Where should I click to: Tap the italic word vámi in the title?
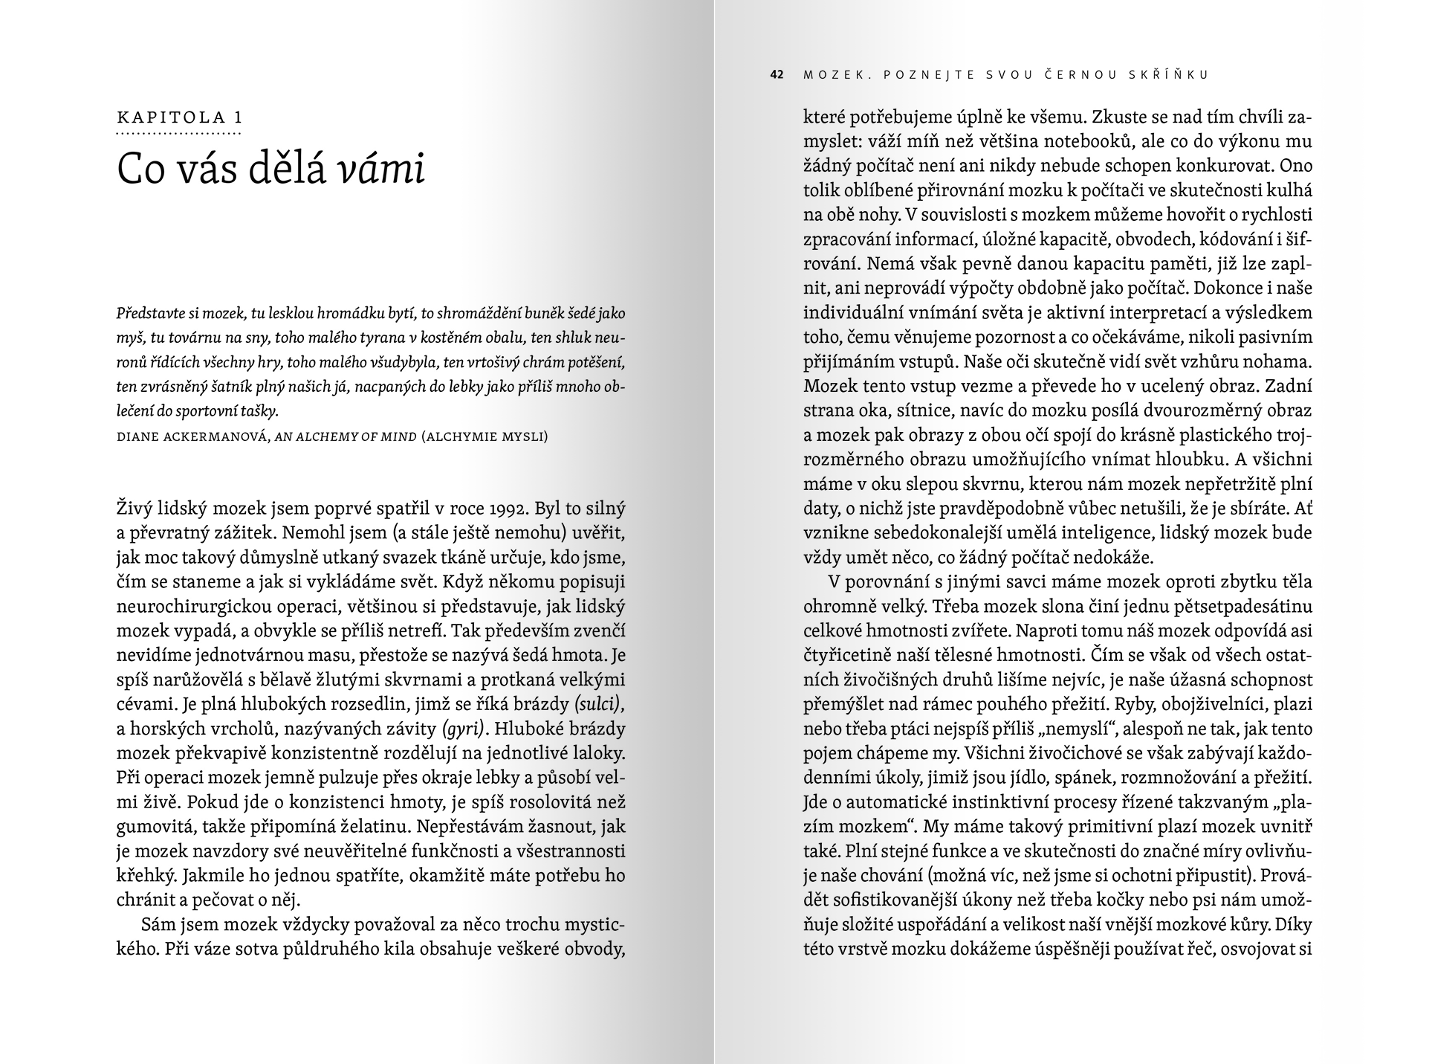point(382,170)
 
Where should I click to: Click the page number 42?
point(777,74)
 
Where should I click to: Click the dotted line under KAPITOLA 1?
point(179,135)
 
